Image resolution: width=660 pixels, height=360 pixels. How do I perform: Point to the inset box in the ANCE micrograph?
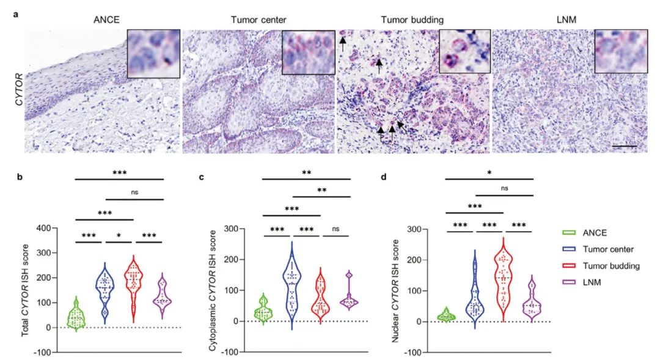click(x=153, y=54)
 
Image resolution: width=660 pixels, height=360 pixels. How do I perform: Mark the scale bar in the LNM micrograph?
click(x=624, y=146)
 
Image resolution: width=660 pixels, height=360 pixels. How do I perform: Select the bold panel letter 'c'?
click(x=201, y=177)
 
